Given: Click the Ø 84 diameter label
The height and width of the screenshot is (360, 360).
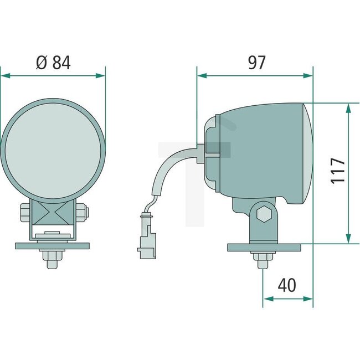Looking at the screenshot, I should coord(53,63).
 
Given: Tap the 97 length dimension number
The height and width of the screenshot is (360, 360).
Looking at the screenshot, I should coord(255,63).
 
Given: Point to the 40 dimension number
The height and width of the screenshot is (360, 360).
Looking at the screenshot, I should coord(287,285).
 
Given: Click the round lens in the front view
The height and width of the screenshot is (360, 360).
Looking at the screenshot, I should coord(53,148).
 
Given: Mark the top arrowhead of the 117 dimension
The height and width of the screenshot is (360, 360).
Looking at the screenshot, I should coord(348,107).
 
